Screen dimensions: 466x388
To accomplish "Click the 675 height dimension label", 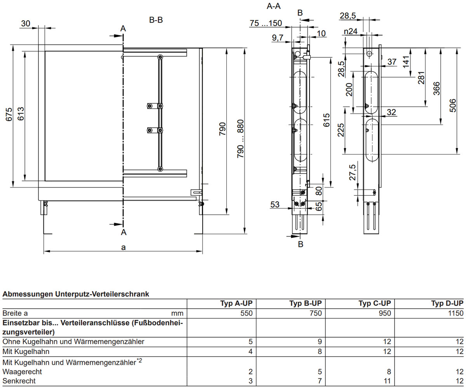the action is [x=9, y=114].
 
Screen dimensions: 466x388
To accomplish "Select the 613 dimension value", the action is [x=21, y=114].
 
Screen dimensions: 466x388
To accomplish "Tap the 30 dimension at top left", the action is [x=26, y=23].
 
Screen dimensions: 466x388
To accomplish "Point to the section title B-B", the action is [x=156, y=20].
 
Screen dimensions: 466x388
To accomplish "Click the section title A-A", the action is [x=274, y=6].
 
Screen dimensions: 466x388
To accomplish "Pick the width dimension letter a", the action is [x=123, y=247].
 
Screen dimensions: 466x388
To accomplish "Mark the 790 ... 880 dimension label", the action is [x=240, y=139].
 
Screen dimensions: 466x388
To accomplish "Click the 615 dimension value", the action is [x=326, y=120].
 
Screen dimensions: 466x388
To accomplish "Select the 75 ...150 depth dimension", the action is [x=266, y=23].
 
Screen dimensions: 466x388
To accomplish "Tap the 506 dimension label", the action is [x=453, y=106].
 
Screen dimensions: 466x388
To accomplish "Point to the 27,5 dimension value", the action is [x=352, y=172].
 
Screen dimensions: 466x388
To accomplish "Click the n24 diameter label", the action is [x=351, y=31].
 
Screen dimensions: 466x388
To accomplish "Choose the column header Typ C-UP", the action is [x=375, y=303].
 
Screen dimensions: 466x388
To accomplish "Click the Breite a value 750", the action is [x=316, y=313].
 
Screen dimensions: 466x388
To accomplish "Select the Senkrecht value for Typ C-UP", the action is [x=387, y=381].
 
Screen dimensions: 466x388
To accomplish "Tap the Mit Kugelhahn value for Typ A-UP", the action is [x=250, y=352].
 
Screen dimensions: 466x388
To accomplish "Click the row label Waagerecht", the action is [x=22, y=372].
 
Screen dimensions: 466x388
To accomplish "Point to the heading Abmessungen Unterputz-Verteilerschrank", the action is [x=76, y=294].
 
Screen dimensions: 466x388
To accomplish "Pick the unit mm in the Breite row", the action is [x=177, y=313].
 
